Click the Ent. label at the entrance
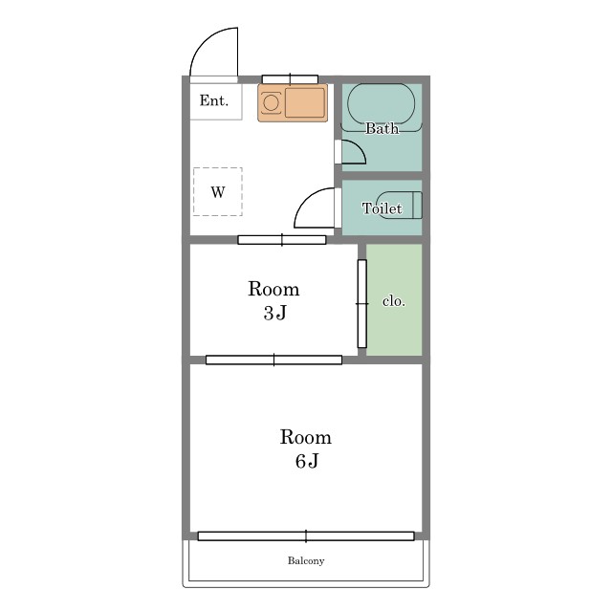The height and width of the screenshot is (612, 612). click(x=214, y=100)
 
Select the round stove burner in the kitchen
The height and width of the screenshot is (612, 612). click(x=271, y=103)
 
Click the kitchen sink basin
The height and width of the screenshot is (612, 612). click(x=304, y=102)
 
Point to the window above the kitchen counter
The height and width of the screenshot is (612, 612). click(x=290, y=79)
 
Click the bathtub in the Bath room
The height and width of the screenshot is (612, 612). click(x=382, y=104)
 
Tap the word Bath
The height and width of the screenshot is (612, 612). click(x=382, y=128)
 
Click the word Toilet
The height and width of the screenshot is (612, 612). click(x=382, y=208)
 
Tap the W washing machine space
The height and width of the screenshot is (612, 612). click(x=218, y=191)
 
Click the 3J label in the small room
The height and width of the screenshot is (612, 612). click(x=275, y=313)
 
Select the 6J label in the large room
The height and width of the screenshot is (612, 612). click(x=307, y=461)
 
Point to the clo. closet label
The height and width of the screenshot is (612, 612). click(x=394, y=301)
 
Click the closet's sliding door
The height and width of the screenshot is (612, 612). click(x=362, y=304)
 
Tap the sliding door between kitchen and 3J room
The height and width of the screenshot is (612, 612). click(x=282, y=240)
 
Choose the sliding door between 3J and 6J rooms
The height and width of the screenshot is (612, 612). click(x=274, y=360)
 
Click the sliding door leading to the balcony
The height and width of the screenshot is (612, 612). click(x=306, y=536)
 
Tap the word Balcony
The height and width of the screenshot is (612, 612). click(x=306, y=561)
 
